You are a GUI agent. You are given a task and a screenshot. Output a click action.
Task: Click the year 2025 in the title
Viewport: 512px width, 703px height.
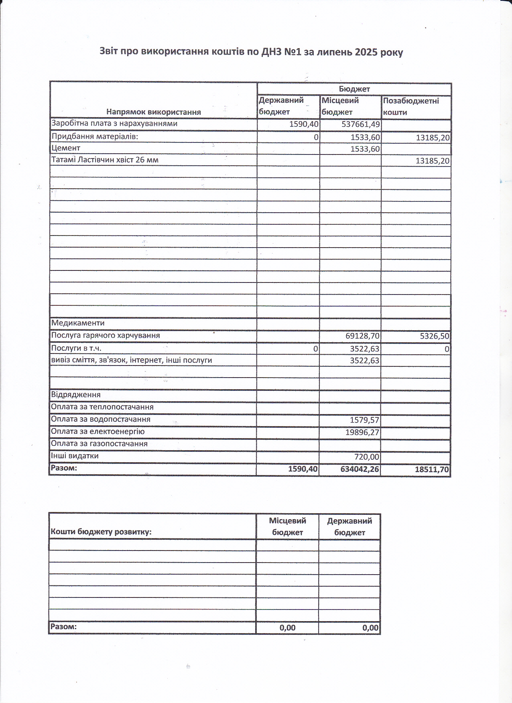tap(366, 52)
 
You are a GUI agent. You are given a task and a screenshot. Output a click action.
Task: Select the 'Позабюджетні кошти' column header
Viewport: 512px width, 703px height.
tap(411, 106)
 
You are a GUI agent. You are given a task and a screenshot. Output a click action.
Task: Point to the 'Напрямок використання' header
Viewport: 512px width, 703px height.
tap(153, 112)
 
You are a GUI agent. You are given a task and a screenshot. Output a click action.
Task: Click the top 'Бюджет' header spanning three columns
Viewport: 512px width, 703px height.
tap(354, 89)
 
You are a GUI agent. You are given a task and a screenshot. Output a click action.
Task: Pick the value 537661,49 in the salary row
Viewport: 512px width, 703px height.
tap(360, 124)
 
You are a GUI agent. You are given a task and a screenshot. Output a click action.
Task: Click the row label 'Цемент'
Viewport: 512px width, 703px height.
tap(66, 148)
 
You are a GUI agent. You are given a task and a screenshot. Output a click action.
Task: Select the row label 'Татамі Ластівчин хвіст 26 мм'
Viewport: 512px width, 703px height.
tap(105, 160)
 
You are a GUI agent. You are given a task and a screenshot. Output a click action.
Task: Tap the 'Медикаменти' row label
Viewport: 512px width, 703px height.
tap(78, 323)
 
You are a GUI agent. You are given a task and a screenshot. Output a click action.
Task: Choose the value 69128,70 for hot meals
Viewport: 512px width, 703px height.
tap(362, 336)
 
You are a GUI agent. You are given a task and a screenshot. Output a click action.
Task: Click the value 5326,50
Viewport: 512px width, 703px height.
tap(435, 336)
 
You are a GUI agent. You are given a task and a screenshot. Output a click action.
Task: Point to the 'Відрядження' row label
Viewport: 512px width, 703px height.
tap(76, 395)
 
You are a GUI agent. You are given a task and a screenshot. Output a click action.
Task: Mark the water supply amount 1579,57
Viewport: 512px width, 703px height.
tap(364, 420)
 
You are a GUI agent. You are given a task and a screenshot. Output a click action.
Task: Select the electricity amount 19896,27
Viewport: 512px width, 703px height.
tap(362, 433)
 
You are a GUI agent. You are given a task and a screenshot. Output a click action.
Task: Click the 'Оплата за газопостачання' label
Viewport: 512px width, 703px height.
tap(99, 444)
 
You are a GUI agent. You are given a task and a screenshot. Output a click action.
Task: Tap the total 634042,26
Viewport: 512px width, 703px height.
tap(360, 469)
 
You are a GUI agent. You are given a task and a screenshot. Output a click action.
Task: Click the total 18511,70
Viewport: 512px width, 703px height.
tap(432, 469)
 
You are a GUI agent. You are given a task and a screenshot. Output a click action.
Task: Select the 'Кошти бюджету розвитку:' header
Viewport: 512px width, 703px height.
tap(101, 532)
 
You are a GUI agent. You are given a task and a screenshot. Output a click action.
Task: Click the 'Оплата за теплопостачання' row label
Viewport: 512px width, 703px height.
tap(102, 407)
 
